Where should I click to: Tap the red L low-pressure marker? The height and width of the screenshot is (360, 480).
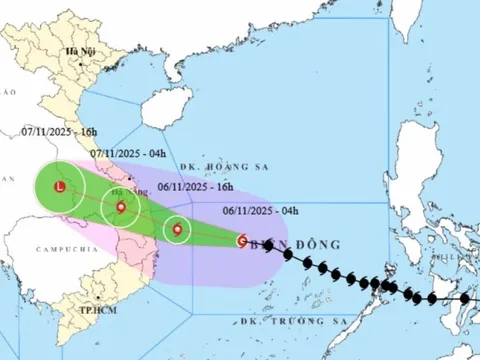pos(61,186)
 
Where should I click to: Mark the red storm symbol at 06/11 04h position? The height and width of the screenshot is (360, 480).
pos(242,240)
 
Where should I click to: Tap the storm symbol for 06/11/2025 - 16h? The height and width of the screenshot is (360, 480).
pos(177,230)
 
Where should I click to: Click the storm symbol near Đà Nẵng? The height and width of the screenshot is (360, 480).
pos(121,208)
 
